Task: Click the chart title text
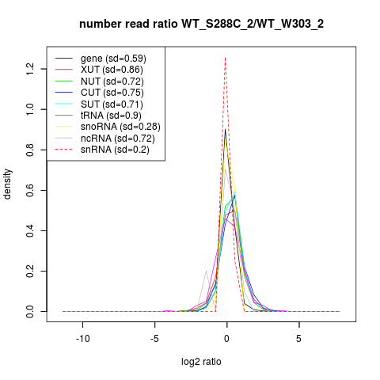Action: (201, 25)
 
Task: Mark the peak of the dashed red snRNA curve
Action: (225, 58)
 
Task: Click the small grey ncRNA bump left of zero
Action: (206, 271)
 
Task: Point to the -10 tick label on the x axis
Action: (83, 339)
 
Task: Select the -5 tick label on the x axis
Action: (154, 339)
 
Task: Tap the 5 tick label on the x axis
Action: (298, 339)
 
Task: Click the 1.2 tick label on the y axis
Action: (30, 69)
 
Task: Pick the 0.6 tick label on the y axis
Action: (30, 190)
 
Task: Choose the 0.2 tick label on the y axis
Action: (30, 271)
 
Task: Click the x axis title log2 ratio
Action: (201, 362)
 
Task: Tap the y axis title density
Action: (7, 184)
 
